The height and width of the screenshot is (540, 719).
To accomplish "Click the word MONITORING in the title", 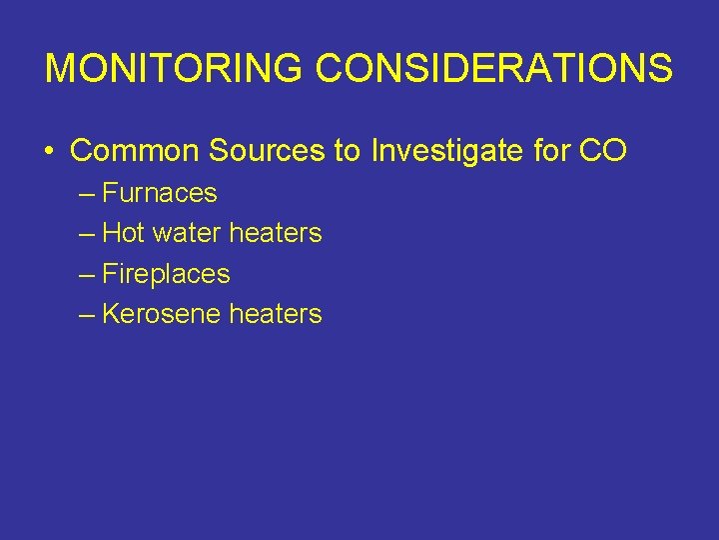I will pyautogui.click(x=175, y=69).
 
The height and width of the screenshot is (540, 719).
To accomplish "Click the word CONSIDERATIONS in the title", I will pyautogui.click(x=494, y=69).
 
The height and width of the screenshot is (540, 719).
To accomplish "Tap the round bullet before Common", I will pyautogui.click(x=49, y=152).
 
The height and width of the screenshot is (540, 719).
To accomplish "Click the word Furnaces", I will pyautogui.click(x=160, y=193).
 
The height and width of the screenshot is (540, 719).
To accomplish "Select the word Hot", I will pyautogui.click(x=124, y=233).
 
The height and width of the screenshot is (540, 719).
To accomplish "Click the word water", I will pyautogui.click(x=187, y=233).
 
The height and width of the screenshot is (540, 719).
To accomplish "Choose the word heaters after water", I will pyautogui.click(x=276, y=233).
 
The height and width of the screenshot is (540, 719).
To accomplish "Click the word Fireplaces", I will pyautogui.click(x=166, y=274).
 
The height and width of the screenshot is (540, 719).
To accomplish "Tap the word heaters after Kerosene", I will pyautogui.click(x=276, y=314).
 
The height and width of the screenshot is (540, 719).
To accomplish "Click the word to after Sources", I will pyautogui.click(x=348, y=151).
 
